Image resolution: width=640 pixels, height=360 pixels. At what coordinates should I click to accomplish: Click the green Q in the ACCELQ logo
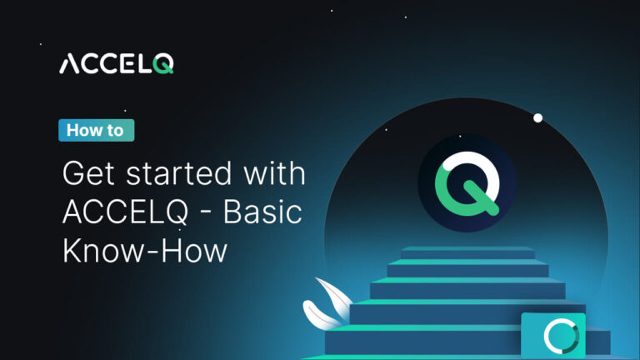tap(164, 64)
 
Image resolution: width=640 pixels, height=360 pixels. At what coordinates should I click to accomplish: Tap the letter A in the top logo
tap(69, 64)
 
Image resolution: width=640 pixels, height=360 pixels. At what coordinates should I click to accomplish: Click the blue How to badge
tap(96, 130)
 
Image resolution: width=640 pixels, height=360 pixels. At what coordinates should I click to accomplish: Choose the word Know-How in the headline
tap(144, 250)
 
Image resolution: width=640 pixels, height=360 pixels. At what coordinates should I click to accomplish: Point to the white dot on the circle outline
tap(538, 117)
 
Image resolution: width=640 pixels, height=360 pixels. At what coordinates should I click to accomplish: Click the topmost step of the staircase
tap(467, 252)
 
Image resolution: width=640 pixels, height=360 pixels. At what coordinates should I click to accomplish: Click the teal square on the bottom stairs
tap(553, 335)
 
